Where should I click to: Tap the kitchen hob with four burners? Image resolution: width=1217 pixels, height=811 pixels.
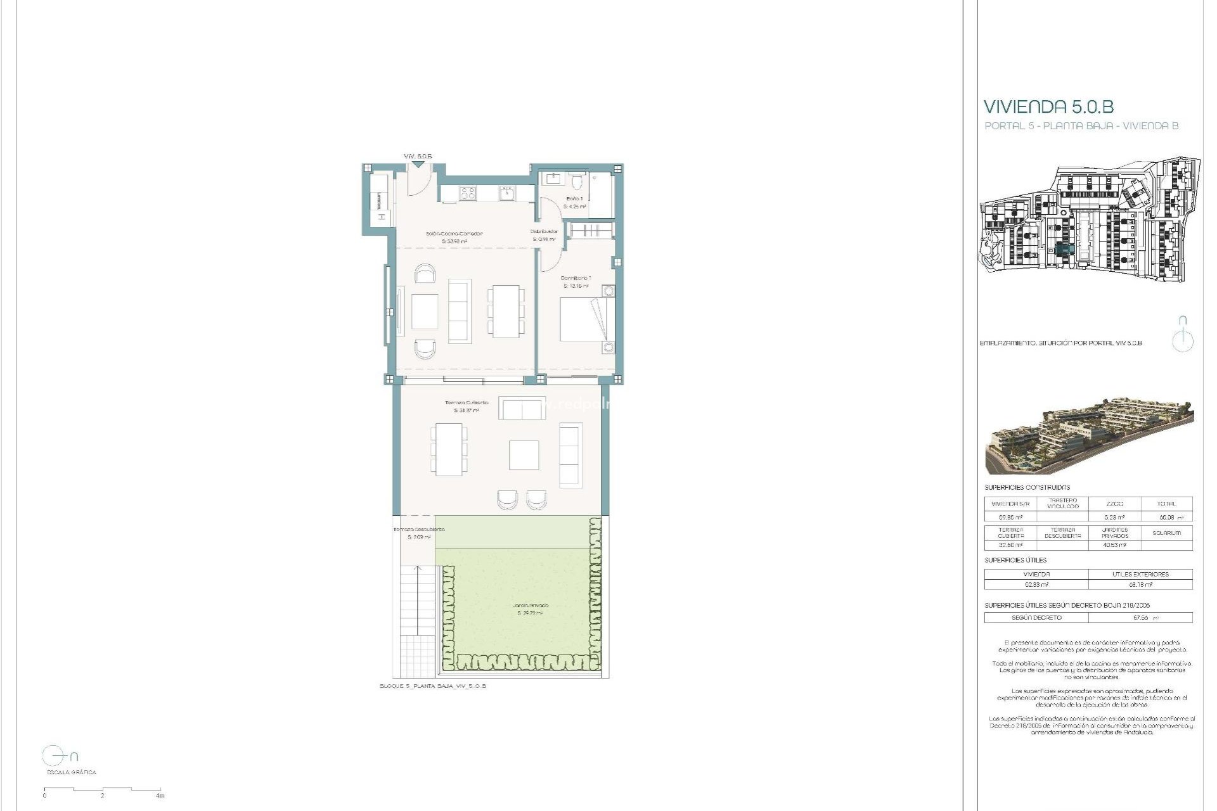[467, 193]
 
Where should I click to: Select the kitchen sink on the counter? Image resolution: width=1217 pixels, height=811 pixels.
[506, 193]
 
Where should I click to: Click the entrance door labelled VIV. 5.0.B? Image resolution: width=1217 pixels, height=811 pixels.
[418, 179]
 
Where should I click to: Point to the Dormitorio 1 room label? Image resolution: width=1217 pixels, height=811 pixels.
[576, 278]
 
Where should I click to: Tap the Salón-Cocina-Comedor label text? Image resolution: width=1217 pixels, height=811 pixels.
[454, 234]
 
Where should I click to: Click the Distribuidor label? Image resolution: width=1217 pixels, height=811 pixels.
[544, 232]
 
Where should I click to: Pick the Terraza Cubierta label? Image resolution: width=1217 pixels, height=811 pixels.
[467, 403]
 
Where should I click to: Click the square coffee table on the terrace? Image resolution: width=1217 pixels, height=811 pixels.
[524, 455]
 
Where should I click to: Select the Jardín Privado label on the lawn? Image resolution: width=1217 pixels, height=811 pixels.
[531, 606]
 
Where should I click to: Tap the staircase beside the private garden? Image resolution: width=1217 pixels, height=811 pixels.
[417, 602]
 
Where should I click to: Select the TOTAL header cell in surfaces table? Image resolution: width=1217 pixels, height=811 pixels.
[1166, 504]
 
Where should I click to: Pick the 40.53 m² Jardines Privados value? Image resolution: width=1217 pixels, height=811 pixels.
[1114, 545]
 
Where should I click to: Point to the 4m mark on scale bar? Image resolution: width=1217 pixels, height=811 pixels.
[160, 795]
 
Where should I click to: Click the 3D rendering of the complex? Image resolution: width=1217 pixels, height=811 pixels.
[1089, 436]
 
